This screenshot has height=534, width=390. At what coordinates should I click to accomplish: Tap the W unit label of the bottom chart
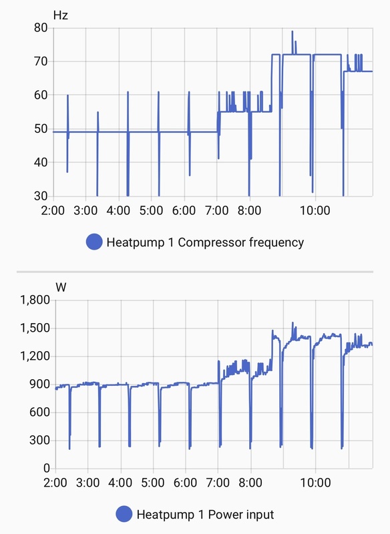pos(61,287)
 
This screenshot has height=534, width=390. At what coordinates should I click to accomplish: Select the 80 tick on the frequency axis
pos(39,28)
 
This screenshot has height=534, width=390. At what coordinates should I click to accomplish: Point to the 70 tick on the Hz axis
pos(39,61)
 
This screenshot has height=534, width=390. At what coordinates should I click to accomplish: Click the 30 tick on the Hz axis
pos(39,196)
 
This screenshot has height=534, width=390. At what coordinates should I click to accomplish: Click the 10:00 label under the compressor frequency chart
pos(315,211)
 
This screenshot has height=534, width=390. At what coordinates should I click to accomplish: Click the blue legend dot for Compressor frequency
pos(94,242)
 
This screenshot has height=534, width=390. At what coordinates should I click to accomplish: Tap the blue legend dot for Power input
pos(124,515)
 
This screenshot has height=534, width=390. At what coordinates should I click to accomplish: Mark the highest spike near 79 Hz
pos(292,31)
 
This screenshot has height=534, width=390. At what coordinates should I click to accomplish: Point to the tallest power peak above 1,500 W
pos(292,323)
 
